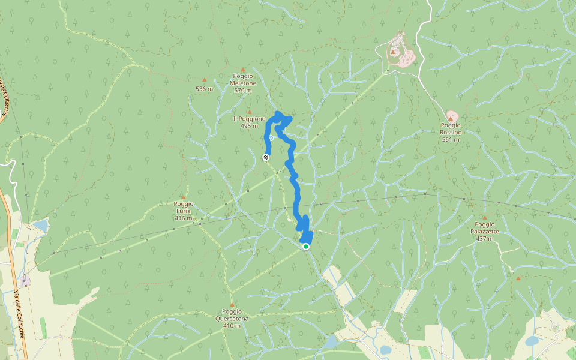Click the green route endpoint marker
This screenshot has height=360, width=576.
(x=306, y=247)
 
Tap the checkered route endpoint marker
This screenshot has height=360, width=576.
(x=266, y=157)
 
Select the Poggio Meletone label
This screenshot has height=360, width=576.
(x=244, y=83)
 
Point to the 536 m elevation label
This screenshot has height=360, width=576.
(x=204, y=89)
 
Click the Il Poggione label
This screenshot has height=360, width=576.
(x=249, y=122)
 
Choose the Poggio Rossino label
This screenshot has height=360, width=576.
(x=451, y=136)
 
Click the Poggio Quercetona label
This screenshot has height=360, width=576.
(x=232, y=315)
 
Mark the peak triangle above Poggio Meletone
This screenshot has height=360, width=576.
(x=243, y=70)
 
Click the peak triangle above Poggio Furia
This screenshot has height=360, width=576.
(x=184, y=197)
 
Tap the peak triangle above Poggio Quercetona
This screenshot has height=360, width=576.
(x=232, y=305)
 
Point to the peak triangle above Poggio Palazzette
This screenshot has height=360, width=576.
(x=485, y=218)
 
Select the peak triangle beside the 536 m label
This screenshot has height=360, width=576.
(x=204, y=79)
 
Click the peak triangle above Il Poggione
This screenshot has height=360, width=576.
(x=249, y=112)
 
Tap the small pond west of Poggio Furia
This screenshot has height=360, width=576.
(x=40, y=226)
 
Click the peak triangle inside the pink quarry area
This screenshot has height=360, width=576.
(x=393, y=52)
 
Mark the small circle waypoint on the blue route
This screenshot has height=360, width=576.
(x=271, y=138)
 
